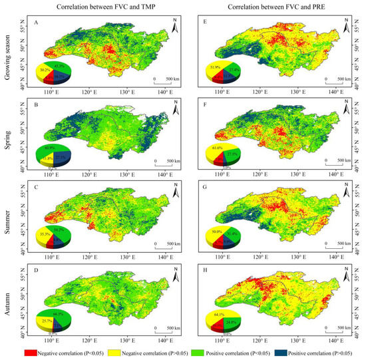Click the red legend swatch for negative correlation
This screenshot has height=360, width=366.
[x=17, y=351]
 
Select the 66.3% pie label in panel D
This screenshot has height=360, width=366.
[x=57, y=313]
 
